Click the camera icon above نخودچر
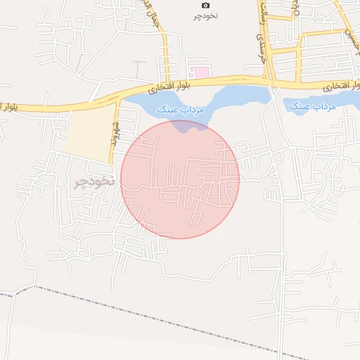click(x=205, y=6)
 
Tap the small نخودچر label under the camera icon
click(x=205, y=15)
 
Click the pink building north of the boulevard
click(x=201, y=72)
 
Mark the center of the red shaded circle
click(x=180, y=179)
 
